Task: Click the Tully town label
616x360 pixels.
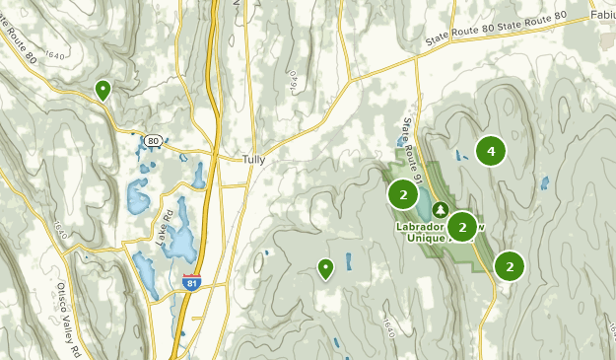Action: (x=254, y=159)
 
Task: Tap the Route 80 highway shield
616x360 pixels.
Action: (x=151, y=141)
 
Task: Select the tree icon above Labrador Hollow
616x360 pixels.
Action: (x=439, y=210)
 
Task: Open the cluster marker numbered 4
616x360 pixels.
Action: (x=490, y=151)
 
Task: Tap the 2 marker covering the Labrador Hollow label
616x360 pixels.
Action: (x=461, y=227)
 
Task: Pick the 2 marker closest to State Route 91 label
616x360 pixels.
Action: (x=403, y=193)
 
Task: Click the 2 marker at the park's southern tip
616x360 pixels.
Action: (x=510, y=266)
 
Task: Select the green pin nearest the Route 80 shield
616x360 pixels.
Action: (x=103, y=91)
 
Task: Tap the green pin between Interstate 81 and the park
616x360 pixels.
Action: (x=325, y=267)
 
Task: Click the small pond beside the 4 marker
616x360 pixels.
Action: (x=461, y=155)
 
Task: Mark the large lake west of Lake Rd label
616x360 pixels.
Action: (x=137, y=198)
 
